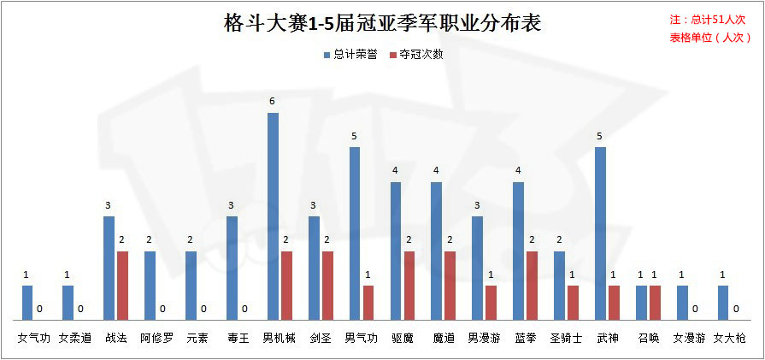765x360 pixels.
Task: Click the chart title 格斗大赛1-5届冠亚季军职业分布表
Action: pyautogui.click(x=382, y=23)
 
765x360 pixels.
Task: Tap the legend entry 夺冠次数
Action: pyautogui.click(x=415, y=54)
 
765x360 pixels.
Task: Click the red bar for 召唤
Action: pyautogui.click(x=655, y=303)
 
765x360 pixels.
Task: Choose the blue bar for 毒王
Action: pyautogui.click(x=232, y=268)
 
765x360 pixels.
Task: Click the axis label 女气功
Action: pyautogui.click(x=34, y=338)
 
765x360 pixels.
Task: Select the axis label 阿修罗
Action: pyautogui.click(x=156, y=338)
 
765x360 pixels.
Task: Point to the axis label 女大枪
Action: pyautogui.click(x=730, y=338)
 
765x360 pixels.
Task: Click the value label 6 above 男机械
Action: pyautogui.click(x=272, y=102)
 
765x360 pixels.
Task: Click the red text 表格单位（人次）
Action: pyautogui.click(x=709, y=38)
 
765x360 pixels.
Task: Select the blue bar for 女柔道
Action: pyautogui.click(x=68, y=303)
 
